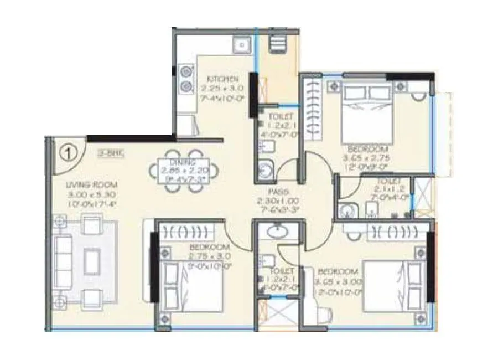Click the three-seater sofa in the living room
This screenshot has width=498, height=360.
(62, 261)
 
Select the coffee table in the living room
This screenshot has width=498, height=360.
(91, 260)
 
